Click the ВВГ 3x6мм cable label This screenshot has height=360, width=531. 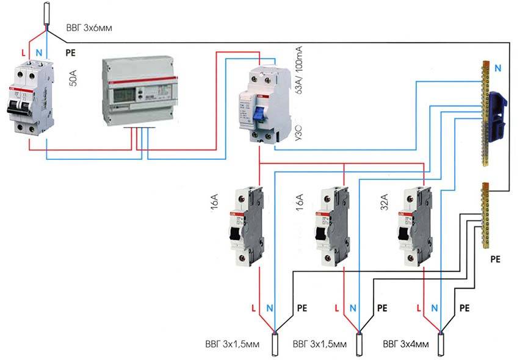(88, 28)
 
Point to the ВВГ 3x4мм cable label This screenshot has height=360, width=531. (405, 345)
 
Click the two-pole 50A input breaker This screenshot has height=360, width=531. (29, 98)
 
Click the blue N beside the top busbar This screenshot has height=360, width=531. (499, 69)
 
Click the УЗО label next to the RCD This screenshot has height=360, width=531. (298, 132)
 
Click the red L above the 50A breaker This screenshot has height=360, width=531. (23, 53)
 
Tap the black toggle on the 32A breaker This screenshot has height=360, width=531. (403, 232)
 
